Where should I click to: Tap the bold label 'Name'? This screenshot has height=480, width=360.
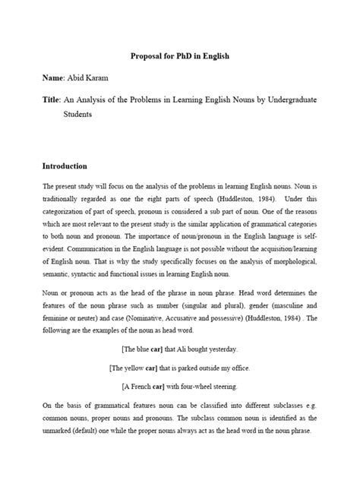(54, 78)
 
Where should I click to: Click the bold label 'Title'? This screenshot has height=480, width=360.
(52, 99)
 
